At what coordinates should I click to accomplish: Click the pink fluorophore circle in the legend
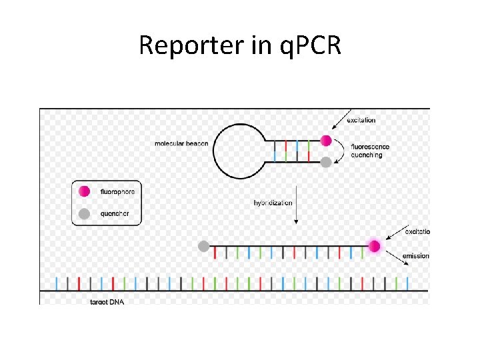tap(84, 191)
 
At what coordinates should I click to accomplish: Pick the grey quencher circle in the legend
tap(84, 214)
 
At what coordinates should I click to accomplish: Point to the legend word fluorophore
tap(117, 191)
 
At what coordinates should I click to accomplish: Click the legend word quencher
tap(114, 214)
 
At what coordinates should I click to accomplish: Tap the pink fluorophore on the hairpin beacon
tap(326, 141)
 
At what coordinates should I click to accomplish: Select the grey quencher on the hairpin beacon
tap(326, 161)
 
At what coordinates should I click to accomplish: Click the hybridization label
tap(273, 203)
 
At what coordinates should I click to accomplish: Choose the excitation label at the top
tap(361, 120)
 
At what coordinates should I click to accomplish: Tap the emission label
tap(417, 256)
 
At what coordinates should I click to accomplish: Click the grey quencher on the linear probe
tap(203, 246)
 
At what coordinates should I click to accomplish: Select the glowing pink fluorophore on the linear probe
tap(375, 246)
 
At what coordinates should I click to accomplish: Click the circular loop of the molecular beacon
tap(238, 151)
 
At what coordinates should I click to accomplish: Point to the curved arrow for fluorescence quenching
tap(341, 151)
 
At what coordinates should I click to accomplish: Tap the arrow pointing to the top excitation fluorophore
tap(339, 125)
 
